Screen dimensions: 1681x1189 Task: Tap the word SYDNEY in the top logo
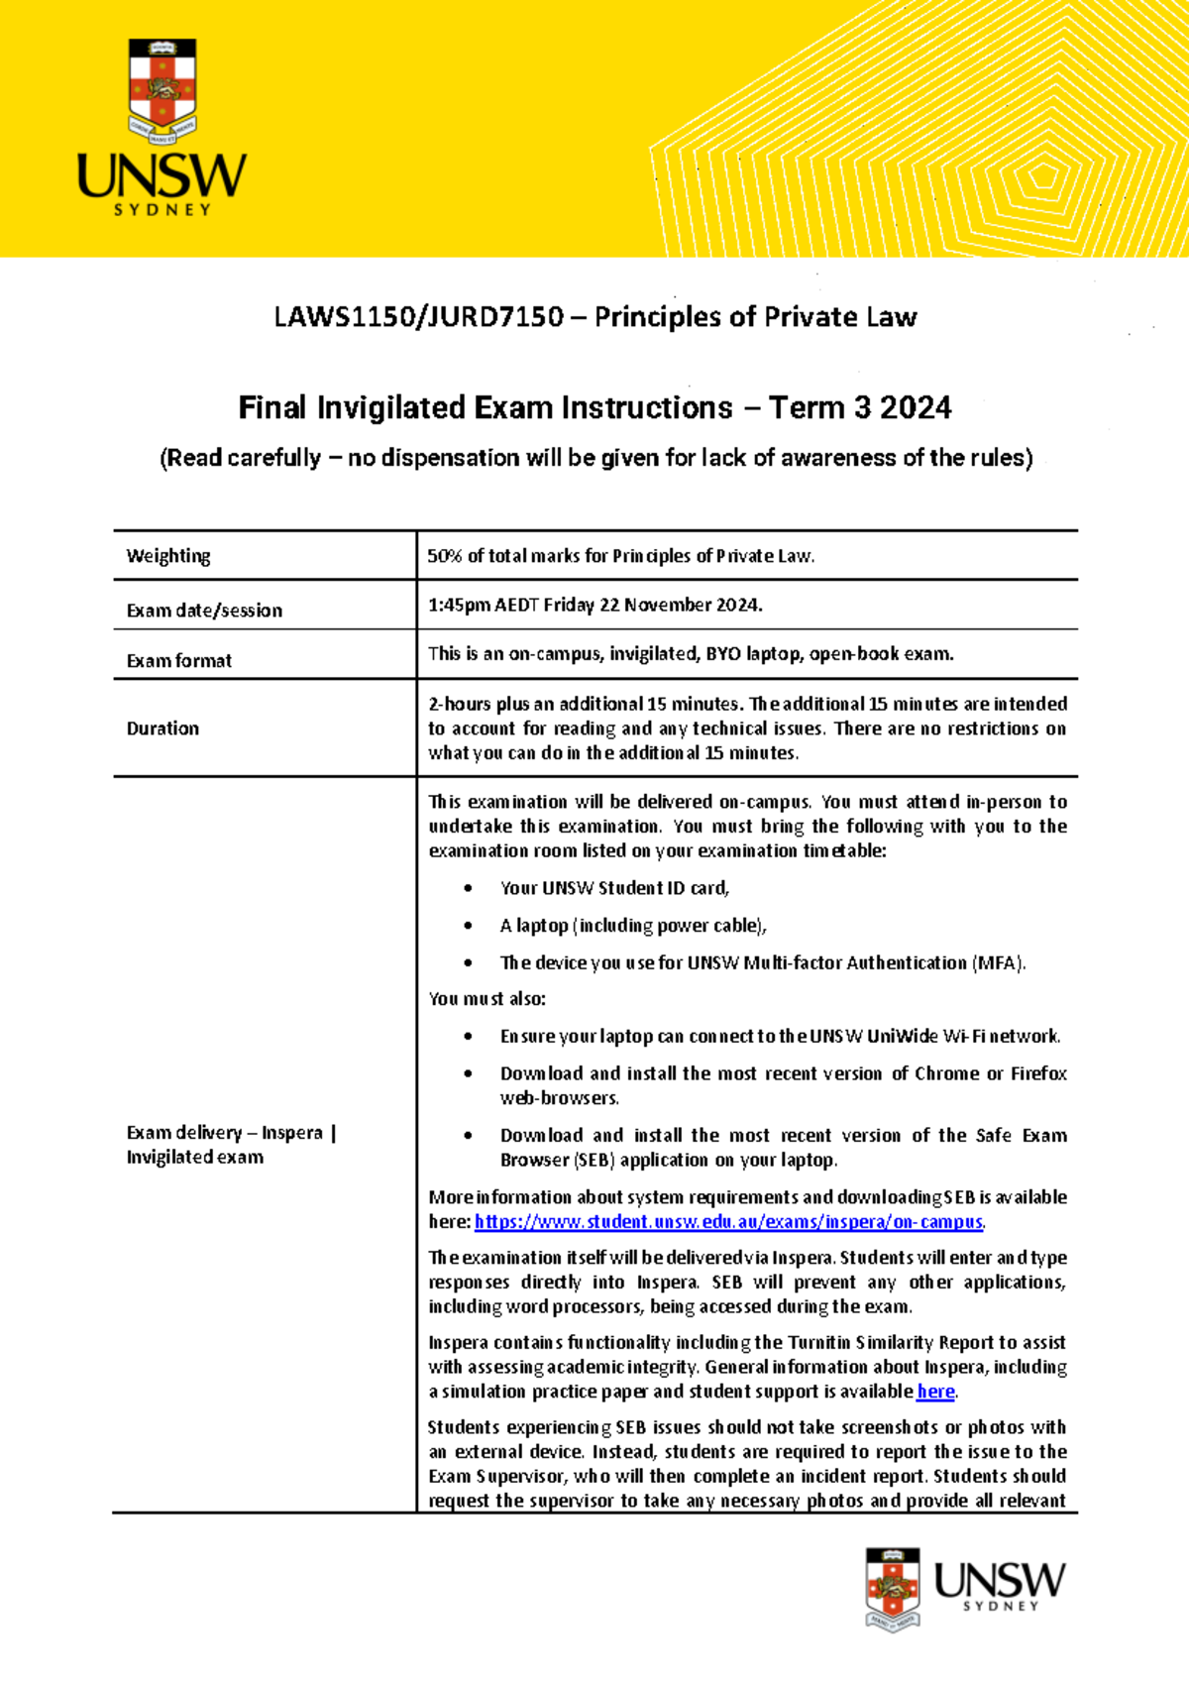point(162,210)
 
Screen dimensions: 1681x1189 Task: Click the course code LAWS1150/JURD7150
point(418,317)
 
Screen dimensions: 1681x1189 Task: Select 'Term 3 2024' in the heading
point(860,408)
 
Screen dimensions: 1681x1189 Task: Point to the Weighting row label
point(168,556)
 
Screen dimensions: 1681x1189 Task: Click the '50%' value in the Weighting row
point(444,556)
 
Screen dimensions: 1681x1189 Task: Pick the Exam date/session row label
point(204,611)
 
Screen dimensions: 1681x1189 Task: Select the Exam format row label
point(179,661)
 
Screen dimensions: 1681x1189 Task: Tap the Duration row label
point(162,728)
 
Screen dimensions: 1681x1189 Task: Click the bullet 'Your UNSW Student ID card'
point(614,888)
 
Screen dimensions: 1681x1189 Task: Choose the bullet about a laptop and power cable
point(633,926)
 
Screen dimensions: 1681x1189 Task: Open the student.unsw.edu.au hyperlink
point(728,1222)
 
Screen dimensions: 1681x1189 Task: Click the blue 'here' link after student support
point(935,1392)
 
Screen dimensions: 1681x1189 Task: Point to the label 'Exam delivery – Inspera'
point(225,1133)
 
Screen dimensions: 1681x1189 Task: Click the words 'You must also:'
point(486,999)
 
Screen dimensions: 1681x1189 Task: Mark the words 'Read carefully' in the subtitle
point(241,458)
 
